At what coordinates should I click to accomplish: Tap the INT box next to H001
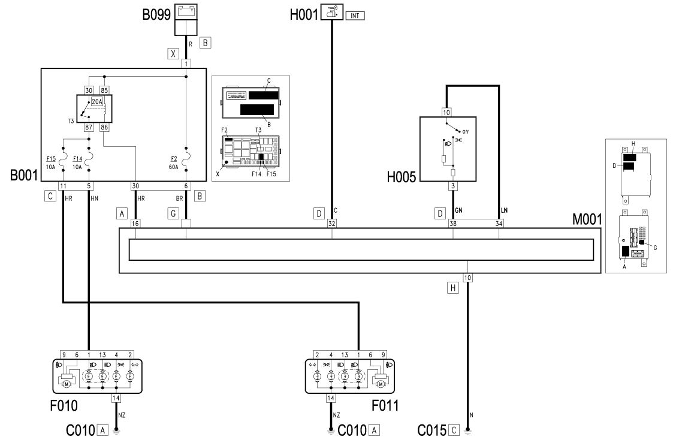click(x=355, y=16)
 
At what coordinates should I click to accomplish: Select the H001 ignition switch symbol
click(x=332, y=11)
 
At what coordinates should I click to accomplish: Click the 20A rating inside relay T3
click(x=97, y=102)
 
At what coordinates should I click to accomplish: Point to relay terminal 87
click(x=89, y=128)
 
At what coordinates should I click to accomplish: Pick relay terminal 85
click(x=104, y=90)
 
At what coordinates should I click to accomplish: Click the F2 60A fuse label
click(x=173, y=162)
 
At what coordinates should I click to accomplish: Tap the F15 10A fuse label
click(x=51, y=162)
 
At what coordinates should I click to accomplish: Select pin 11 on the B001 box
click(x=63, y=186)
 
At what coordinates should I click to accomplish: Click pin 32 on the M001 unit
click(x=332, y=223)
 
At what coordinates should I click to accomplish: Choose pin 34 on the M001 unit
click(x=499, y=223)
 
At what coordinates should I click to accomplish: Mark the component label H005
click(x=402, y=177)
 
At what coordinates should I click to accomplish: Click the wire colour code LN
click(x=505, y=210)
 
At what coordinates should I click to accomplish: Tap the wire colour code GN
click(x=458, y=210)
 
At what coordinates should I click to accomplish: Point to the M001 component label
click(x=587, y=219)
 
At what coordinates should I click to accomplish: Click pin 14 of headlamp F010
click(x=116, y=398)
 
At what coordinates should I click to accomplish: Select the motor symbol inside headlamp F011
click(x=381, y=384)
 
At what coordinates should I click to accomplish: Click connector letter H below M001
click(x=453, y=288)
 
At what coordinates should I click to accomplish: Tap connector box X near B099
click(x=173, y=54)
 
